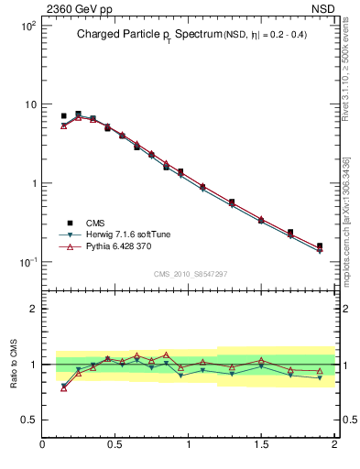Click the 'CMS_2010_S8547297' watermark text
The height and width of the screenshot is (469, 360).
pyautogui.click(x=190, y=274)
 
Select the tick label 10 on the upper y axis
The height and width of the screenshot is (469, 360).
pyautogui.click(x=28, y=104)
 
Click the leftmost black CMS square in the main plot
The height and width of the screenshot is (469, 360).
pyautogui.click(x=63, y=116)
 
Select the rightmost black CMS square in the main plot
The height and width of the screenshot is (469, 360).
pyautogui.click(x=320, y=245)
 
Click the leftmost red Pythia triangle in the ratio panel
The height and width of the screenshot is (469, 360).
pyautogui.click(x=63, y=388)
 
